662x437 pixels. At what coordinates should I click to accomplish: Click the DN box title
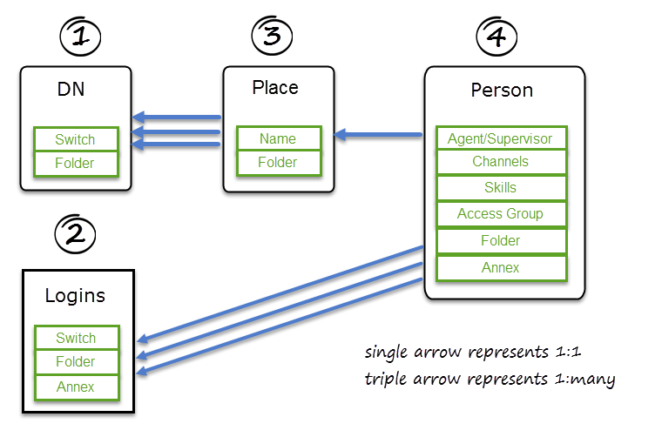click(x=71, y=89)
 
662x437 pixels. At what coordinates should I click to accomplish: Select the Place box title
click(x=275, y=88)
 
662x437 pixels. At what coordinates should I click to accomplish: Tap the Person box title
click(x=501, y=91)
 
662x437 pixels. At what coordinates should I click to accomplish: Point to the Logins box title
click(x=75, y=296)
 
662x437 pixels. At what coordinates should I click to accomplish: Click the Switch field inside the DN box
click(x=75, y=139)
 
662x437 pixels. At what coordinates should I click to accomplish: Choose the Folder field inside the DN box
click(x=75, y=163)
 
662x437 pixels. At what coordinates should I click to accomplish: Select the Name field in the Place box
click(x=278, y=138)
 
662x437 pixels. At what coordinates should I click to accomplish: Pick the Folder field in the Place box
click(x=278, y=162)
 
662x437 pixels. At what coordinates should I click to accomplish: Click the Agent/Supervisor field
click(x=500, y=138)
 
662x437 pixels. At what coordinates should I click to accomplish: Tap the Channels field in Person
click(x=500, y=162)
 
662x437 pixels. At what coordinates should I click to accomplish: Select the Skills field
click(x=500, y=188)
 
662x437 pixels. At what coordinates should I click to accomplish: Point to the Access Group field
click(x=500, y=214)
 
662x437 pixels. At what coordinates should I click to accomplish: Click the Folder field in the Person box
click(x=500, y=241)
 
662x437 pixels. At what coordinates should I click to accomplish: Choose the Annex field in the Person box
click(x=500, y=268)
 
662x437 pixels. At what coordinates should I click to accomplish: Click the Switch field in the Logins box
click(x=76, y=338)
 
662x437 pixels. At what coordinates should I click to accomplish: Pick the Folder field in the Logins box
click(x=76, y=362)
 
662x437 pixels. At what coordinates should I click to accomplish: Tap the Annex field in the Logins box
click(x=76, y=387)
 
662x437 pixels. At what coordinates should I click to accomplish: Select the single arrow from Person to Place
click(x=383, y=135)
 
